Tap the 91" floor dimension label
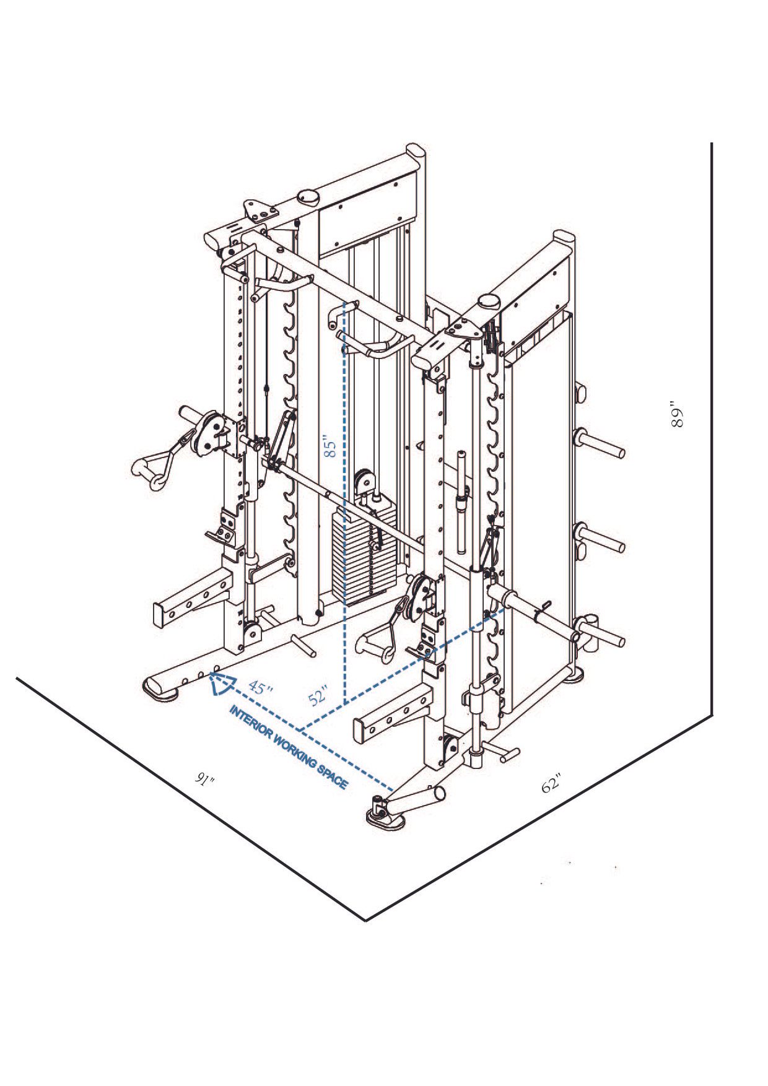coord(204,780)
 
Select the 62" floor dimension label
coord(551,783)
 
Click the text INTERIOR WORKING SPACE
coord(289,747)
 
